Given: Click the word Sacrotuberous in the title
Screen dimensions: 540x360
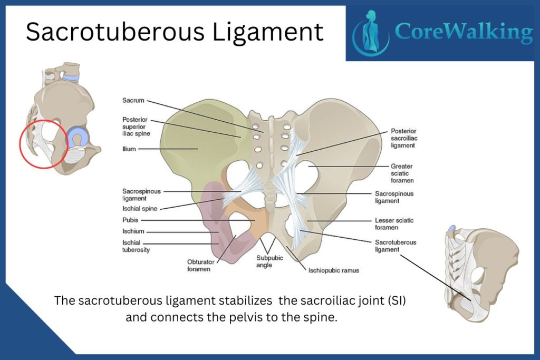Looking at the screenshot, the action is click(115, 32).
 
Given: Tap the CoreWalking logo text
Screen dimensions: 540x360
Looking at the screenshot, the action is click(464, 32).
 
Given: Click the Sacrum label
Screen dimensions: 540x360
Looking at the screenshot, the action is click(133, 100).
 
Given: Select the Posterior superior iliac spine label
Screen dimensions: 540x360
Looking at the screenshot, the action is click(137, 127).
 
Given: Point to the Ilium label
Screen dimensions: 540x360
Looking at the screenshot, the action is click(129, 149).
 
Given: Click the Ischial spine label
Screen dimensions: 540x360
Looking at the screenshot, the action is click(140, 209).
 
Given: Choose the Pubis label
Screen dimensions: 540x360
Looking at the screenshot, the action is click(130, 220).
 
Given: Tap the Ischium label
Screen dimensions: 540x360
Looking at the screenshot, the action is click(133, 231).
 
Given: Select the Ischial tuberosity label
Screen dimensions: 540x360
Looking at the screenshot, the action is click(136, 246).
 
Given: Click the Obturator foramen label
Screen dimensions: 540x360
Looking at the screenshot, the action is click(200, 265).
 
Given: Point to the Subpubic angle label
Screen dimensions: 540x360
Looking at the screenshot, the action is click(269, 261).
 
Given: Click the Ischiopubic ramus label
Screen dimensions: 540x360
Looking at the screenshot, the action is click(334, 270).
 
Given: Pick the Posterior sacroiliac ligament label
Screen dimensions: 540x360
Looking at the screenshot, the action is click(404, 138).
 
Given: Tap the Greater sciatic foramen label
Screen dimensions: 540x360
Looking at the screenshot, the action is click(402, 173).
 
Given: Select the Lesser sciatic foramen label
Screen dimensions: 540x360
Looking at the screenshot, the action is click(394, 223).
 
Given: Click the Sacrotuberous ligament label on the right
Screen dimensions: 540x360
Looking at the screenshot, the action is click(396, 246).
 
